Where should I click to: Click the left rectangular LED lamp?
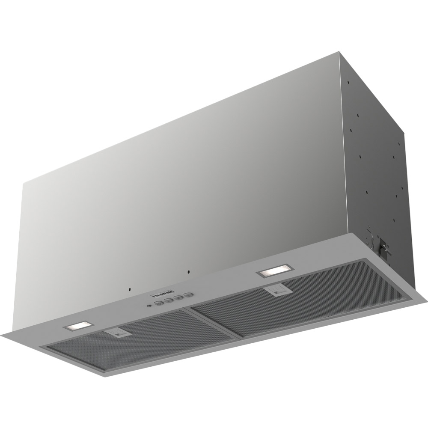[x=78, y=327]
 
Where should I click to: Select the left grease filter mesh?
[x=141, y=338]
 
